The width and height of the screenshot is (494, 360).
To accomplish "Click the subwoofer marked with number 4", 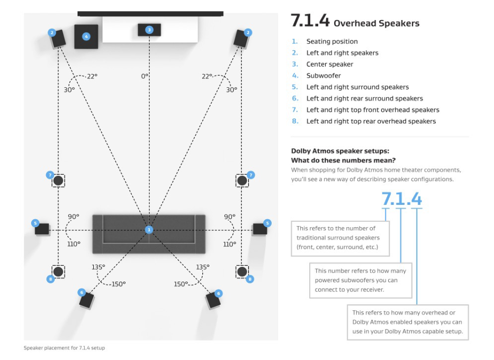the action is point(86,37).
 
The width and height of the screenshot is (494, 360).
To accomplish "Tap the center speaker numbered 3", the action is point(149,30).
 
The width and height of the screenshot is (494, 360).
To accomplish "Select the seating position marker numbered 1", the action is point(149,230).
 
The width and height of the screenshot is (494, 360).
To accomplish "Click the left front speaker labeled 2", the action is point(58,39).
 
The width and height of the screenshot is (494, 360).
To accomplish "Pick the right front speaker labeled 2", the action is point(241,39).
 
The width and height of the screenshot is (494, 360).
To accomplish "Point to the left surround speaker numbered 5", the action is point(42,229).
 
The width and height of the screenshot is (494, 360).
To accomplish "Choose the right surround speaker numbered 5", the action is point(260,229).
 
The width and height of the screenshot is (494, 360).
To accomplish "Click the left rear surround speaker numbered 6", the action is point(86,301).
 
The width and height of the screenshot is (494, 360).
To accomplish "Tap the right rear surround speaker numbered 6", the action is point(213,301).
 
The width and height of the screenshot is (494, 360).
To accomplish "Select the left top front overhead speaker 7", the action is point(58,181).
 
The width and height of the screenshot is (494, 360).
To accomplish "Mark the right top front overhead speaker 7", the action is point(242,181).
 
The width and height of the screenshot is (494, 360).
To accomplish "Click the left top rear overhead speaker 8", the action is point(58,272).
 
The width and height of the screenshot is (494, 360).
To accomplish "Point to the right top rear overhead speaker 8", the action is point(242,272).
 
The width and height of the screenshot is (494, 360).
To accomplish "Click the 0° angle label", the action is point(145,76).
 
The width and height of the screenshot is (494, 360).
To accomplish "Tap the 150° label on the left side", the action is point(119,284).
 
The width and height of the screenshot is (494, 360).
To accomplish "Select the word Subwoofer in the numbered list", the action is point(324,76).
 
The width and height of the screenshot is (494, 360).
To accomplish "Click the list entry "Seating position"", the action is point(332,42).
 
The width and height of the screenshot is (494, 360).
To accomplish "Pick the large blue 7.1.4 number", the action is point(402,199).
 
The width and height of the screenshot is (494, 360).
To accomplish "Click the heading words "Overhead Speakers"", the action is point(376,23).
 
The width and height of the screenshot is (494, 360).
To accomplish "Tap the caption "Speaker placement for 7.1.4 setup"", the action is point(64,348).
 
